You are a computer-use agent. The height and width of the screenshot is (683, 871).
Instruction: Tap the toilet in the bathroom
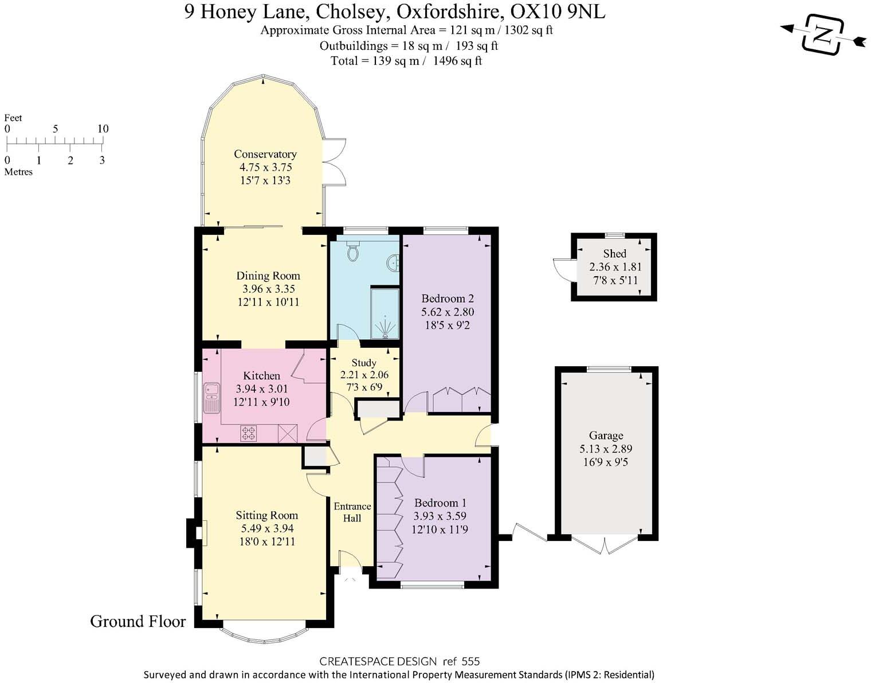[x=353, y=250]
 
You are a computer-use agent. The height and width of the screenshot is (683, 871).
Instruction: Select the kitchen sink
[x=211, y=397]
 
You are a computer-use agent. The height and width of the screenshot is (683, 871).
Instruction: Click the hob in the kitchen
[x=249, y=433]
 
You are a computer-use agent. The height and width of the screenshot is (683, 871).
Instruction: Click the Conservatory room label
[x=265, y=154]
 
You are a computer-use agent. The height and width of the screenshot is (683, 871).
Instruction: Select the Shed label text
[x=614, y=253]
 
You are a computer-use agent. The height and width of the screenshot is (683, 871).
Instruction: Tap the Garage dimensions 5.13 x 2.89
[x=606, y=449]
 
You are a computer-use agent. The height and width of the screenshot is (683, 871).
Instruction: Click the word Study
[x=364, y=363]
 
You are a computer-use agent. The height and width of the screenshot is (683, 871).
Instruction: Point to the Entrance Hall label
[x=352, y=512]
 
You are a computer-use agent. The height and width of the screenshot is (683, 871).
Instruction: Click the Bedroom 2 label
[x=447, y=299]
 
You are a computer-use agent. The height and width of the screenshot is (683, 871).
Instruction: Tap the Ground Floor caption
[x=138, y=621]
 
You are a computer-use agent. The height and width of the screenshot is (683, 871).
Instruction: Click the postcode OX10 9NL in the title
[x=558, y=11]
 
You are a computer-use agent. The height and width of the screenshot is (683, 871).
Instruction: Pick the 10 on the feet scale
[x=103, y=129]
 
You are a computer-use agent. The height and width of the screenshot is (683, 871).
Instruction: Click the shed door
[x=562, y=269]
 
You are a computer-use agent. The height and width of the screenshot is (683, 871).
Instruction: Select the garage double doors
[x=605, y=545]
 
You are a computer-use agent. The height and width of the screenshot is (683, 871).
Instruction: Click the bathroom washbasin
[x=394, y=263]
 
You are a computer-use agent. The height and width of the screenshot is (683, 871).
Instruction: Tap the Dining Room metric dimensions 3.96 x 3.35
[x=268, y=289]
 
